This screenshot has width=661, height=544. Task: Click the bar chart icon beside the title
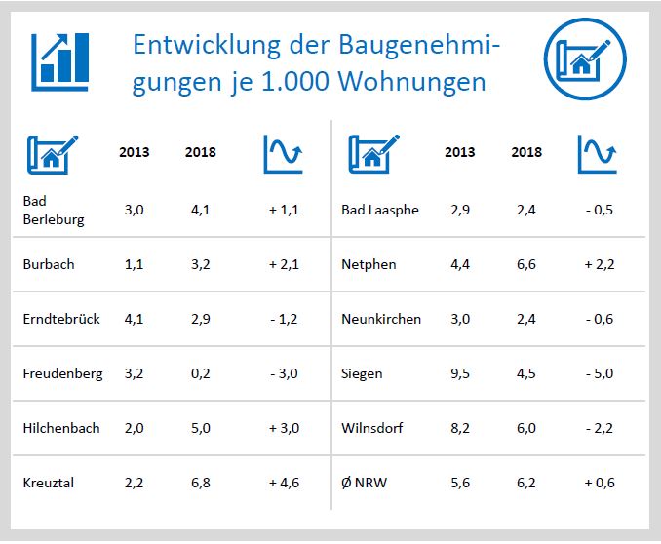pos(60,58)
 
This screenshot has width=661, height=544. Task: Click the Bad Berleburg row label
pos(54,210)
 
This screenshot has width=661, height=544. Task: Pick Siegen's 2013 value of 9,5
pos(460,373)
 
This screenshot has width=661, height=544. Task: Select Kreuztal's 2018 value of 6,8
pos(200,483)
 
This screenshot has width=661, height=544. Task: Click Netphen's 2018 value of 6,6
pos(526,264)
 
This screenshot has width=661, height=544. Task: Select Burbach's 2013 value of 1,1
pos(134,264)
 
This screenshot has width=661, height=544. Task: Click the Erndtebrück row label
pos(61,319)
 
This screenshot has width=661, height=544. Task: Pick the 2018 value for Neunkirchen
pos(526,319)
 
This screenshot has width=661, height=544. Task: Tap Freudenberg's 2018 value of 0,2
pos(200,373)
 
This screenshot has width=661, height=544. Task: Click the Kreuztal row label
pos(49,483)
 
